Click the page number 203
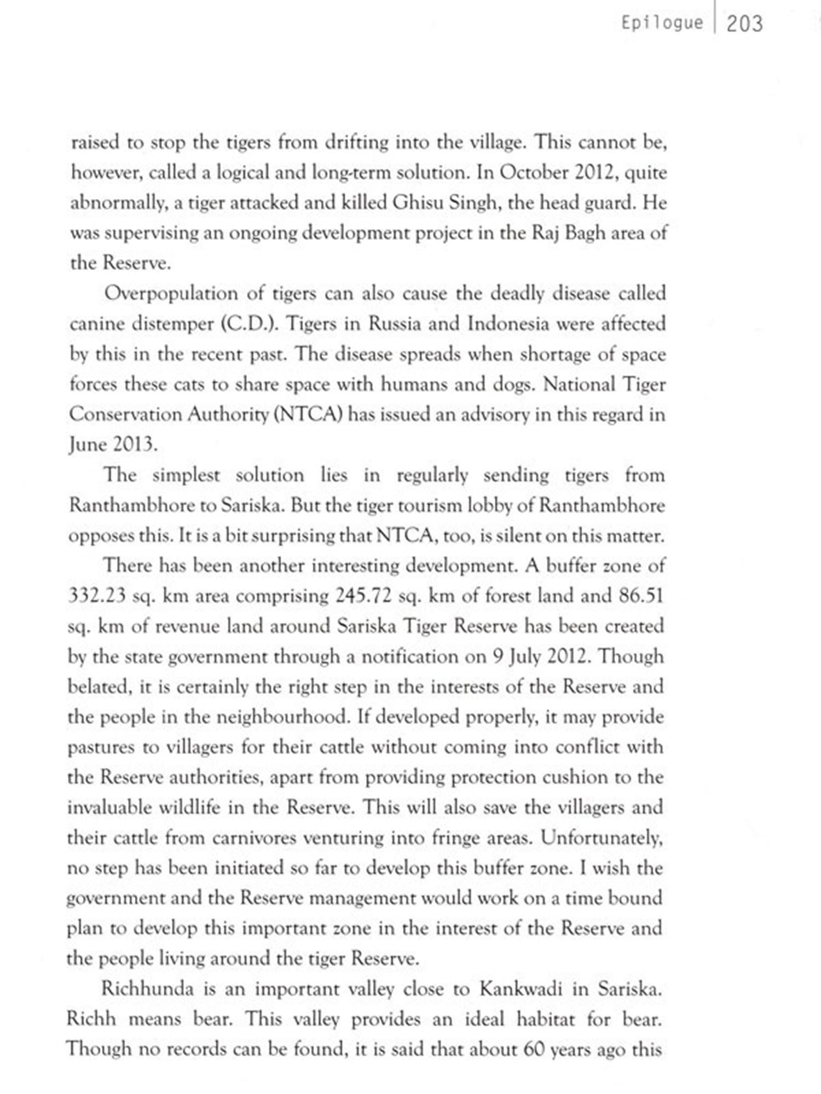[744, 24]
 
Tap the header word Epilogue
[662, 23]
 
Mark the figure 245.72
[363, 596]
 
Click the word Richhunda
[148, 989]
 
